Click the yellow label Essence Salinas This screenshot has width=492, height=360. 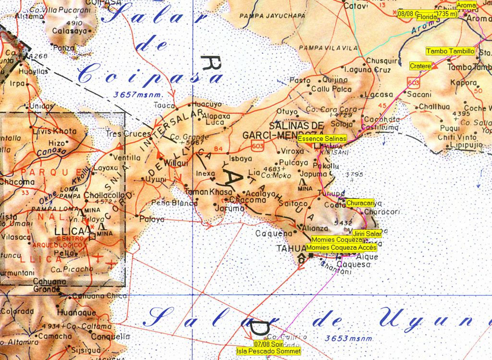pos(322,139)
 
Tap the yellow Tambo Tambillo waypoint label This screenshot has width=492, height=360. pos(450,51)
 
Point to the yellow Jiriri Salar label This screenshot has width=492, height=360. pos(367,234)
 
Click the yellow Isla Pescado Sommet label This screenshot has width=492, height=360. pos(269,351)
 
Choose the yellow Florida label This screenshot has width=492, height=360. pos(427,17)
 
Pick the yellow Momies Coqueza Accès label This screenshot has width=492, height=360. pos(341,248)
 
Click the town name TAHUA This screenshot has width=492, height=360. pos(290,248)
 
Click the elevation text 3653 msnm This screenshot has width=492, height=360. pos(346,339)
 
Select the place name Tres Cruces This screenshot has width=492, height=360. pos(128,134)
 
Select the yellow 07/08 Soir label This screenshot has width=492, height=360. pos(269,344)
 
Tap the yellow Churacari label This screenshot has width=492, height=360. pos(360,203)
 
